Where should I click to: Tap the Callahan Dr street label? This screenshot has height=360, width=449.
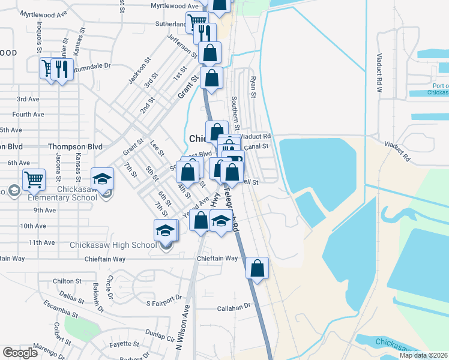[233, 307]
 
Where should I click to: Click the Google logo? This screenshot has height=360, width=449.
[20, 353]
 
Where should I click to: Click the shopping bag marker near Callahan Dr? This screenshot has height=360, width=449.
[257, 269]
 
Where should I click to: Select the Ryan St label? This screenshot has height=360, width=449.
[253, 87]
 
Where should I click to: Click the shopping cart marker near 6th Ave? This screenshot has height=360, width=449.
[34, 179]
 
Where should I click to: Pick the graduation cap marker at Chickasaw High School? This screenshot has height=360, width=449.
[166, 230]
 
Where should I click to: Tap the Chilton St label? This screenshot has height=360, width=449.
[67, 281]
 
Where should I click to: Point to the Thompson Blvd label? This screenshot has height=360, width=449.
[75, 146]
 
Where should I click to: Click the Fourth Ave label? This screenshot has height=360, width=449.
[28, 114]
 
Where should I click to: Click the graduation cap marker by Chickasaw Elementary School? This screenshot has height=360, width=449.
[102, 178]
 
